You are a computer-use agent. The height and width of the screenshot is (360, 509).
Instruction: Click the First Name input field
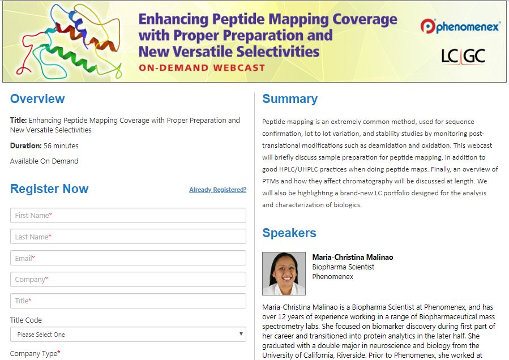128,215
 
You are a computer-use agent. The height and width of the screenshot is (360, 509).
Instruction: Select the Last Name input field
128,237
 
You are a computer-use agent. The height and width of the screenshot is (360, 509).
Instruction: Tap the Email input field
128,258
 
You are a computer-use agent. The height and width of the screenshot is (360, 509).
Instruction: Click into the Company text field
128,279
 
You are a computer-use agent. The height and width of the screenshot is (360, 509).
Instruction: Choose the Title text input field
128,301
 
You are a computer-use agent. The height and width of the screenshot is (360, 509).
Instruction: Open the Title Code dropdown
128,335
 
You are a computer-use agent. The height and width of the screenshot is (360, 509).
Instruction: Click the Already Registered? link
217,190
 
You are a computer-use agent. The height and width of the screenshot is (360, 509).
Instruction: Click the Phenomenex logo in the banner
460,26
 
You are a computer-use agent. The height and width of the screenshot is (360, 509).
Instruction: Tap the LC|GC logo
463,56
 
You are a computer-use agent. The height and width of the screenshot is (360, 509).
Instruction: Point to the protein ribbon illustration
70,41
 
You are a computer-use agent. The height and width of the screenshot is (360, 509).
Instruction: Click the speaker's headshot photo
284,273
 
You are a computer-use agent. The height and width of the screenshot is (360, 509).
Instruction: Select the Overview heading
37,98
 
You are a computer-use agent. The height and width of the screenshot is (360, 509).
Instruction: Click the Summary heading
290,98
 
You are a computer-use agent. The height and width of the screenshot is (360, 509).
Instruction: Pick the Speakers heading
289,233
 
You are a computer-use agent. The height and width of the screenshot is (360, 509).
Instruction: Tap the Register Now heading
49,188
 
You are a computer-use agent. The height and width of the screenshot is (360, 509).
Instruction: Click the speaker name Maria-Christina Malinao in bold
353,257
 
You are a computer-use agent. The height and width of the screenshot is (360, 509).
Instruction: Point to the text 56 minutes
61,145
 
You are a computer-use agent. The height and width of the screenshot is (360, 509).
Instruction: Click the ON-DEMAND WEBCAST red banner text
202,68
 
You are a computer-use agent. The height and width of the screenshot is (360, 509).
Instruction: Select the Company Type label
35,354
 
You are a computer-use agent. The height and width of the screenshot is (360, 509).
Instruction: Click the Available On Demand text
44,161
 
